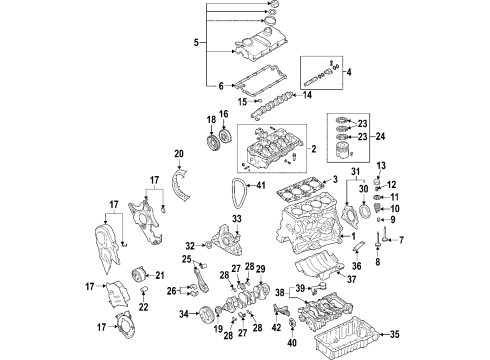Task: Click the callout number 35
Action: click(x=394, y=334)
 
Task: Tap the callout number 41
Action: click(x=261, y=185)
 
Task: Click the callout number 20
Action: click(x=179, y=154)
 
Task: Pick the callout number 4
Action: click(x=349, y=72)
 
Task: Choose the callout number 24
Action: click(x=380, y=136)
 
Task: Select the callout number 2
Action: click(x=313, y=149)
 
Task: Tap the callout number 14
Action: click(x=307, y=95)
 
